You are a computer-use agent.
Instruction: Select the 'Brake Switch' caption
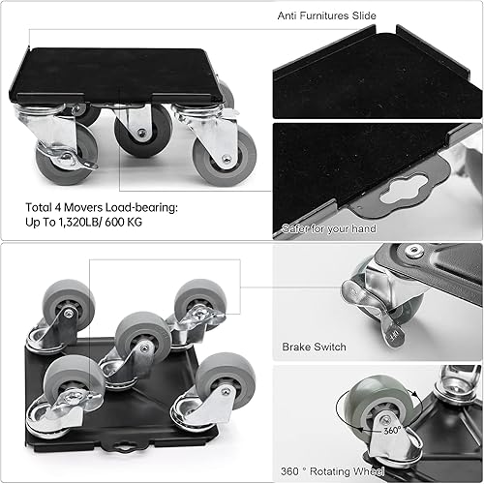[x=313, y=345]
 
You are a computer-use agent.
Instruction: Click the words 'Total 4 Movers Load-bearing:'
[x=88, y=206]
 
